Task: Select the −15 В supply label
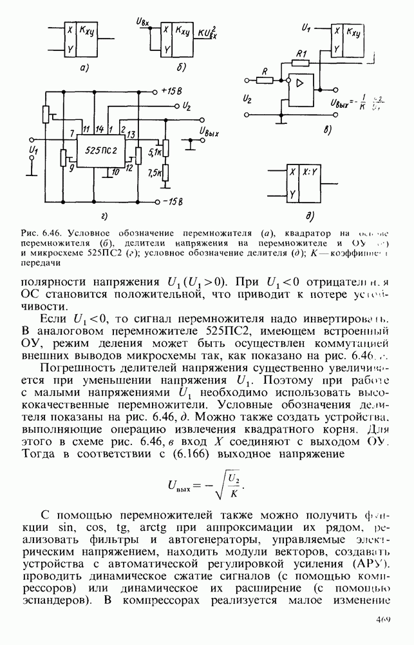173,202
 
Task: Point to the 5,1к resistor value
154,152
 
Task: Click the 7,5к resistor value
155,173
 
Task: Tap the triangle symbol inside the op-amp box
300,83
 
